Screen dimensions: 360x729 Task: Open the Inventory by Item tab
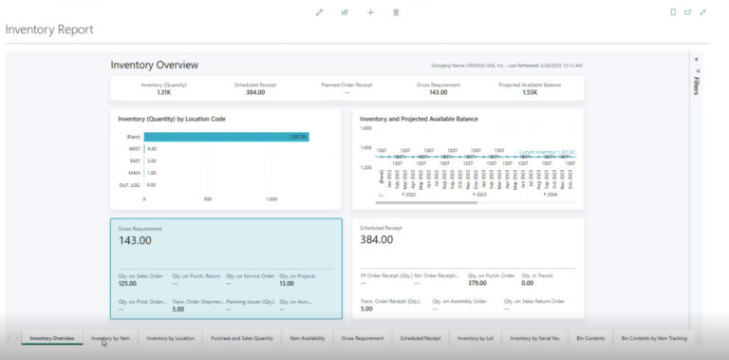(110, 337)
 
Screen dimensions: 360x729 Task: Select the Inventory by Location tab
(170, 337)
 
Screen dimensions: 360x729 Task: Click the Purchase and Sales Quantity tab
(242, 337)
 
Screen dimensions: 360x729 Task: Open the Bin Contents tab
(589, 337)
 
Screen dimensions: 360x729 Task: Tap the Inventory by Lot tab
(476, 337)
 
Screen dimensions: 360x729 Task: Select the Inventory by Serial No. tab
(534, 337)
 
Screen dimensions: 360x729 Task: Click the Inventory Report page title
(49, 29)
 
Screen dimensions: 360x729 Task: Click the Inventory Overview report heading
(155, 65)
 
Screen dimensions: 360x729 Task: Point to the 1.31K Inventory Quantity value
(163, 92)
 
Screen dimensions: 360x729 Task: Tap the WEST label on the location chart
(134, 149)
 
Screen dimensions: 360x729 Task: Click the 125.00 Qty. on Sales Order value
(127, 283)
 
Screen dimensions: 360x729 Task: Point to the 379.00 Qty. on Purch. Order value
(477, 283)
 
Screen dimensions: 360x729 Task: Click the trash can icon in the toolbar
(396, 12)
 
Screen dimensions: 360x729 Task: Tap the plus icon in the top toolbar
(370, 12)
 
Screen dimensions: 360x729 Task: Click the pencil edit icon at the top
(319, 12)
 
